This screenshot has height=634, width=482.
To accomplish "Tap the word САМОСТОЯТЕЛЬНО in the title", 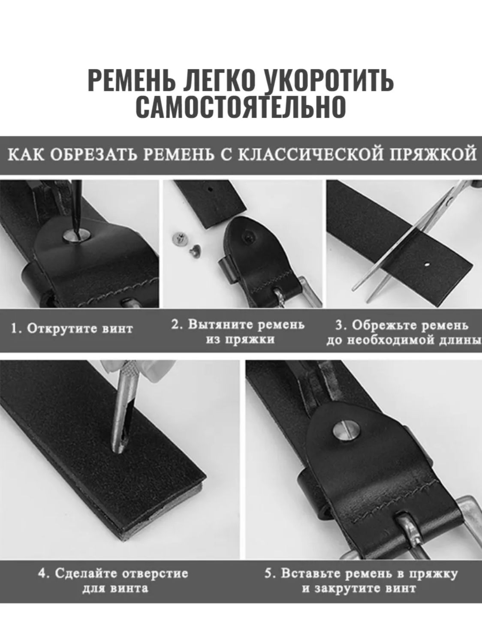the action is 241,107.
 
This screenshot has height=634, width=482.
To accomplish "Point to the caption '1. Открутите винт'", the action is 72,329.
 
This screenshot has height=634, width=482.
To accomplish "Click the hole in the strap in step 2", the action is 211,190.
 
